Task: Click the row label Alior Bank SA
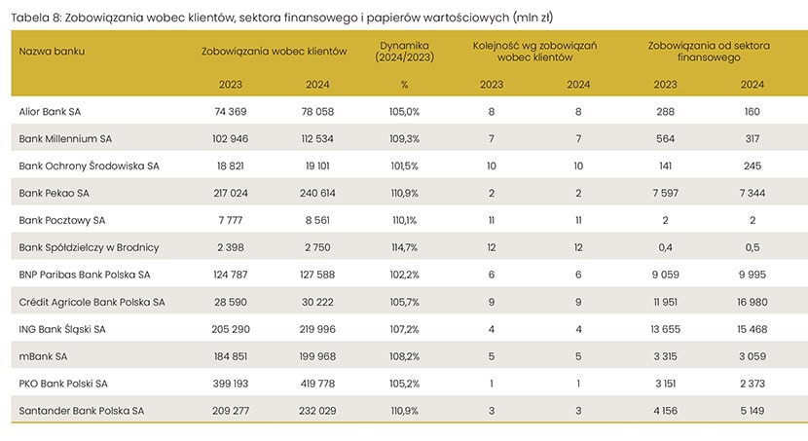50,112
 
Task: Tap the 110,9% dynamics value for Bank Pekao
403,193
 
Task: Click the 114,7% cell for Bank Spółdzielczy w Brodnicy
403,247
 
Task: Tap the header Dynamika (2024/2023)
403,51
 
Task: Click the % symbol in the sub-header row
403,84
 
